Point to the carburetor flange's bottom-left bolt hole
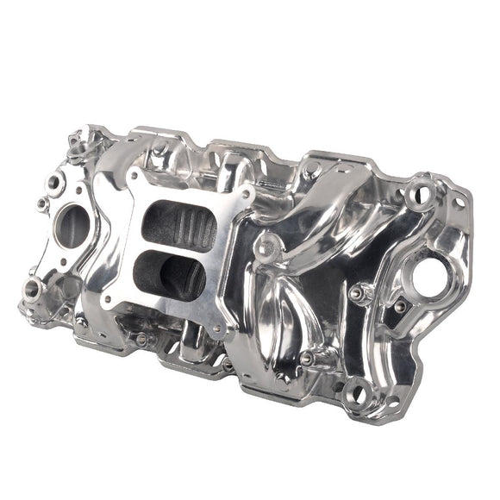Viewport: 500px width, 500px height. click(108, 301)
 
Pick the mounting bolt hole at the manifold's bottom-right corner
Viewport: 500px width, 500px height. click(355, 396)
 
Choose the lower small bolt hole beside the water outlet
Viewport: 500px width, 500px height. click(42, 203)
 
